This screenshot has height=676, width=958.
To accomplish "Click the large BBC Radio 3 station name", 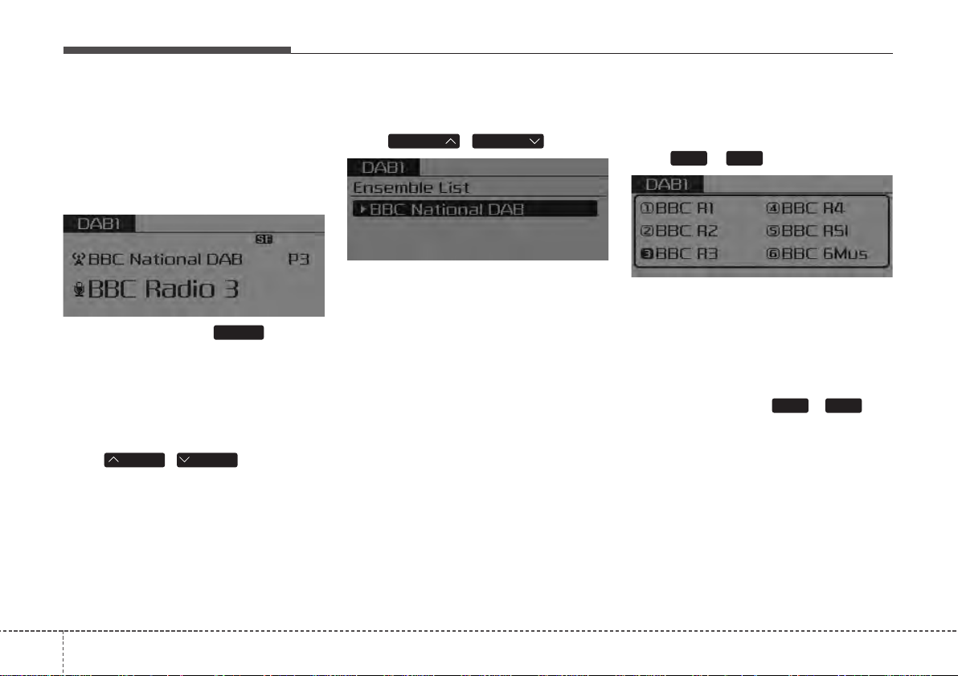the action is point(163,289).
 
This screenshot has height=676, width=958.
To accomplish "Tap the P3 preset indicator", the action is point(299,259).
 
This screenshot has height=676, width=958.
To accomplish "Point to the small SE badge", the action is point(264,239).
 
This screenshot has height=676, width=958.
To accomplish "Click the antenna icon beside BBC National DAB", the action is point(78,259).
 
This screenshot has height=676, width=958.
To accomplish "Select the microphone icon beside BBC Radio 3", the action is point(79,289).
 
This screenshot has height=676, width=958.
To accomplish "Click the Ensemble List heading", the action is point(411,187).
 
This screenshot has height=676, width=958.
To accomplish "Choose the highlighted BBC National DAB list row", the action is point(475,209).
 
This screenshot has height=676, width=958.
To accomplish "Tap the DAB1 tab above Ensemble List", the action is point(383,167).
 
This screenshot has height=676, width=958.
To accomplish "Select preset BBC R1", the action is point(677,208).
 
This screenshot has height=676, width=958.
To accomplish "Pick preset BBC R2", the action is point(678,231).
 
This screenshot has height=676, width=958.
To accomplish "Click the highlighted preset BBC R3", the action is point(678,254).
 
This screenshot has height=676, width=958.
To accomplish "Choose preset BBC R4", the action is point(805,208).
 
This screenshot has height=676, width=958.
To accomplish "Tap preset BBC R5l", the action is point(807,231).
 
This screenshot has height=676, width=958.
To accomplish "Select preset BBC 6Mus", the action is point(817,254).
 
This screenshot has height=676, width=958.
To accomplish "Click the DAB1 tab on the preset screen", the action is point(667,184).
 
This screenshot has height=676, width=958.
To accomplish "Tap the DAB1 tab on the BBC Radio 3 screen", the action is point(99,223).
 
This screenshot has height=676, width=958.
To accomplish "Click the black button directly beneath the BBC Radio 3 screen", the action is point(239,333).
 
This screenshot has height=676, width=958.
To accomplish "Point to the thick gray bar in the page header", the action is point(177,50).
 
